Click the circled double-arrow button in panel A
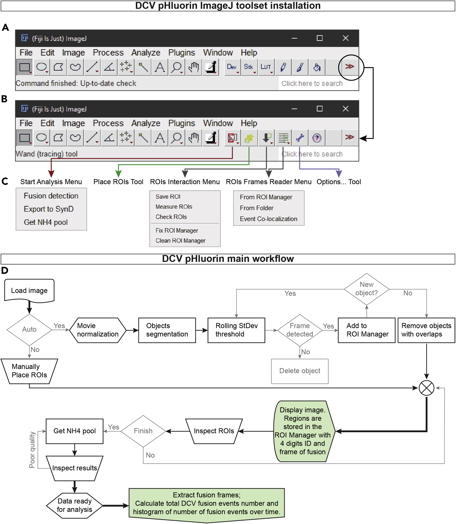(350, 67)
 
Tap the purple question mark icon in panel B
(317, 138)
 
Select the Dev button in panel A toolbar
(232, 67)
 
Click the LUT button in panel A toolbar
(266, 67)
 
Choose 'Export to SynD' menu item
(49, 209)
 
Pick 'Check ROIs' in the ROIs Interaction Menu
(171, 217)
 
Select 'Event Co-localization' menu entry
(268, 219)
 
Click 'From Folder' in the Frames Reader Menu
(256, 208)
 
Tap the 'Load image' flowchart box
(29, 291)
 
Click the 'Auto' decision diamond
(29, 329)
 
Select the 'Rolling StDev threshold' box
(236, 330)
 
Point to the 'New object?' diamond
(366, 289)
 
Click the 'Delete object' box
(300, 371)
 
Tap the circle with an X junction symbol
(426, 388)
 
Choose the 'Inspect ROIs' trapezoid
(214, 431)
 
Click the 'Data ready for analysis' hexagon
(74, 505)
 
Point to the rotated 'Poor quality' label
(32, 450)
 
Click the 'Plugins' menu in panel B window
(182, 123)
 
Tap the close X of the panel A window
(346, 38)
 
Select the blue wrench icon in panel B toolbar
(300, 138)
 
